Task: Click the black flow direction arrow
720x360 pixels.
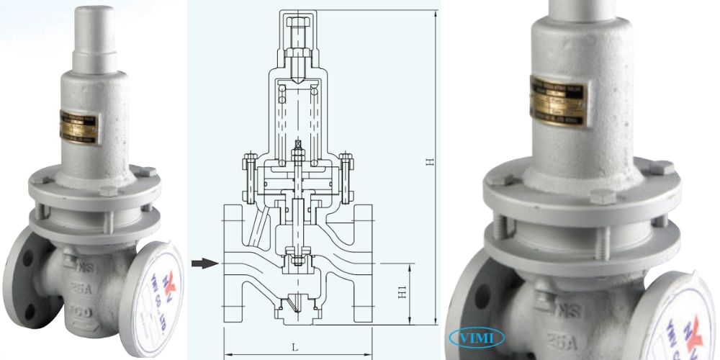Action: [x=204, y=264]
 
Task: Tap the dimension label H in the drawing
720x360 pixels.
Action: [x=429, y=162]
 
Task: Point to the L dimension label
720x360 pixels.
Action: [x=294, y=347]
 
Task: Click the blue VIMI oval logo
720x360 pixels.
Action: [x=477, y=337]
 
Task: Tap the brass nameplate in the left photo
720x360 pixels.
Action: [x=80, y=127]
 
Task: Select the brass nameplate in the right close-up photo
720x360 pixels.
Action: [x=558, y=102]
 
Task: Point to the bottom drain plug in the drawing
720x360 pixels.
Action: [x=297, y=310]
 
